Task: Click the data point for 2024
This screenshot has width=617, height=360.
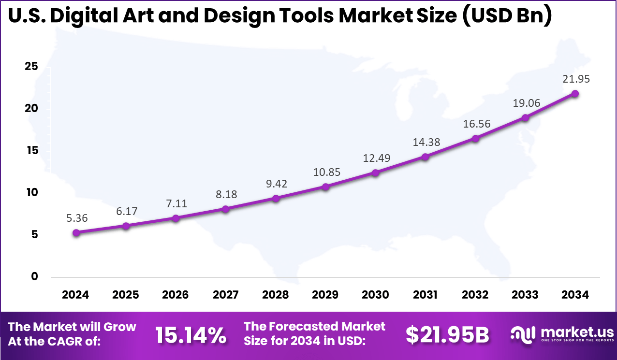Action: point(76,232)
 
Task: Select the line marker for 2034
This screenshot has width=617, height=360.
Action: point(575,94)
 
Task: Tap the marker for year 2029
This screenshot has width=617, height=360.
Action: point(326,187)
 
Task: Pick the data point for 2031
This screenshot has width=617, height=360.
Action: point(426,157)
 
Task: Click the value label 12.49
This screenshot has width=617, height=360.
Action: point(375,158)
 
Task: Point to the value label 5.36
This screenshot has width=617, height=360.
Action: point(76,218)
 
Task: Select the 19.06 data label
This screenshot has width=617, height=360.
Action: point(525,103)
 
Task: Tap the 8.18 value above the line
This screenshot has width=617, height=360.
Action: point(226,194)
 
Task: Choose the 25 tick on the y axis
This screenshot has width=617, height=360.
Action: point(31,66)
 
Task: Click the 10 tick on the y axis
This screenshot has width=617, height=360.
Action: point(31,192)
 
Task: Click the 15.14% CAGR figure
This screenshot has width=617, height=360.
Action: point(191,335)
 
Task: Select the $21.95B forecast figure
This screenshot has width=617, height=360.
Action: point(447,335)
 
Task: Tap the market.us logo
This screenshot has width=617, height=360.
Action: point(563,334)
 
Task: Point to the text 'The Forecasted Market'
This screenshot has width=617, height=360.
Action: point(315,327)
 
